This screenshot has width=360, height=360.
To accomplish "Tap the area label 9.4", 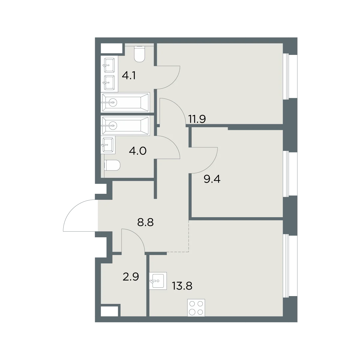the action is (212, 179).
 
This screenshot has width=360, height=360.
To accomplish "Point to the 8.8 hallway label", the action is (145, 223).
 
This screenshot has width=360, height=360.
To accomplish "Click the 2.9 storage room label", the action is (131, 277).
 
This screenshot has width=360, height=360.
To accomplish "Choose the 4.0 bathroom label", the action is (138, 151).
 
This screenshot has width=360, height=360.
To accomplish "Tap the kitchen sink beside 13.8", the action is (158, 281).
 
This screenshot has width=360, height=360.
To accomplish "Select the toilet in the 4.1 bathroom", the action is (139, 54).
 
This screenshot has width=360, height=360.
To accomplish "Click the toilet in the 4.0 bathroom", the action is (112, 165).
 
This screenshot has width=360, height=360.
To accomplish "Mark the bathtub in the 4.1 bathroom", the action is (125, 102).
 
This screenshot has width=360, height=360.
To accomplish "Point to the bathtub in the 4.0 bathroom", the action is (125, 125).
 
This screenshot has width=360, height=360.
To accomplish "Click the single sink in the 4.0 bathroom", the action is (108, 145).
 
